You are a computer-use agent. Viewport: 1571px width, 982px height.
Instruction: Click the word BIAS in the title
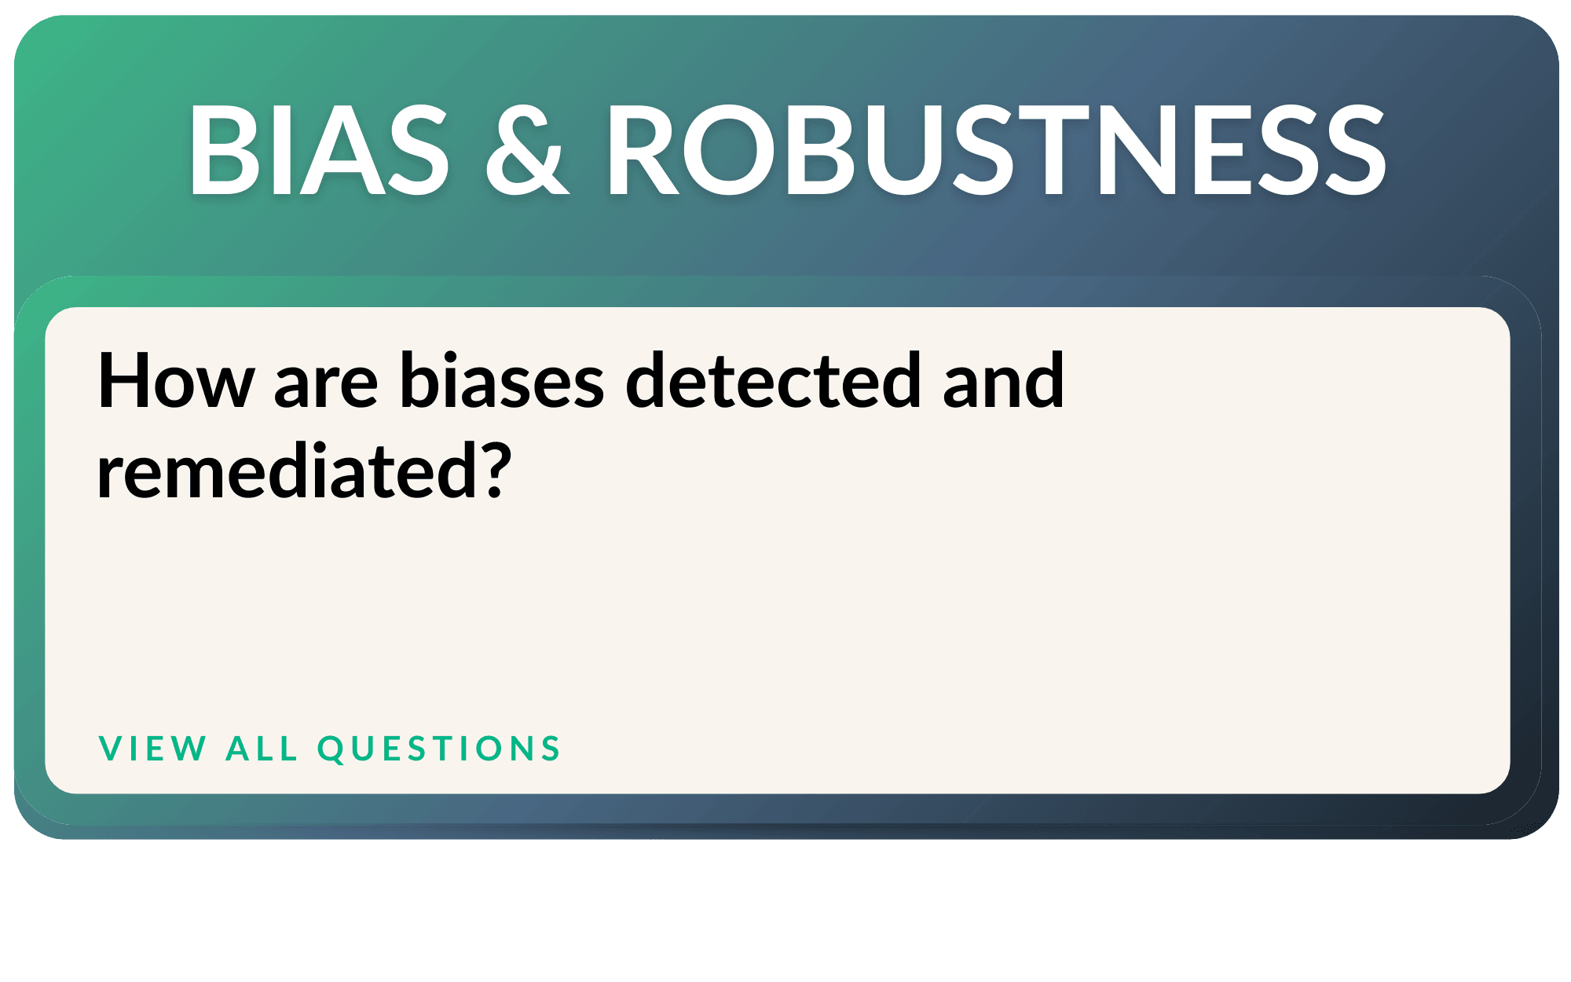[x=318, y=150]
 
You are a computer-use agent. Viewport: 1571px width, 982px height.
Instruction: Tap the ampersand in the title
[x=527, y=150]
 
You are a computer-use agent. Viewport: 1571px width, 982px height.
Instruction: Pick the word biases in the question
[x=502, y=381]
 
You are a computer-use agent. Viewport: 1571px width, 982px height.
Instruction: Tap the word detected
[x=774, y=381]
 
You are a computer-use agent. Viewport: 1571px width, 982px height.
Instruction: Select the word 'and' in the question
[x=1003, y=381]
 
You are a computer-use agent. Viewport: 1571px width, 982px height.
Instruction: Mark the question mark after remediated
[x=496, y=470]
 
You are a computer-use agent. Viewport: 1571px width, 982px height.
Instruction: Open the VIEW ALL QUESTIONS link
[x=329, y=748]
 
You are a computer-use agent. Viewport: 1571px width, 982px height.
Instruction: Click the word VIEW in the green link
[x=152, y=748]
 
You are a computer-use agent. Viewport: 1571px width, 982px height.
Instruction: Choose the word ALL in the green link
[x=262, y=748]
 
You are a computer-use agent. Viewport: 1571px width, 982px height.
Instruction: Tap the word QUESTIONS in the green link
[x=439, y=749]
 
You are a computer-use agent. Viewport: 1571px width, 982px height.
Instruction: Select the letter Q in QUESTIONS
[x=331, y=749]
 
